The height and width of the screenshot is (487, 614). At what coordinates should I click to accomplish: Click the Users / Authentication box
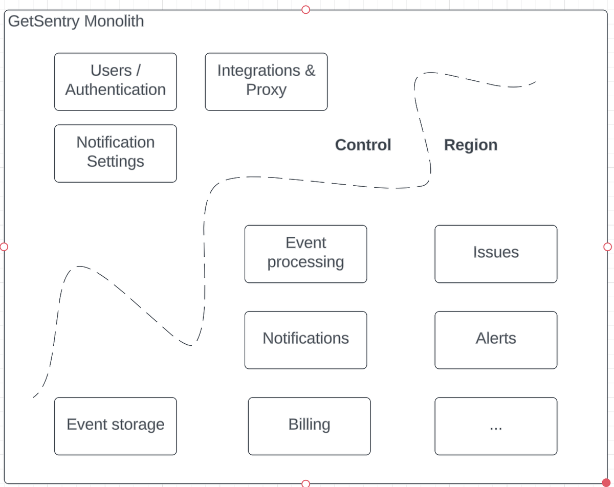click(x=115, y=81)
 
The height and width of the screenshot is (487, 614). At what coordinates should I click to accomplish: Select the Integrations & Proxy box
click(x=266, y=81)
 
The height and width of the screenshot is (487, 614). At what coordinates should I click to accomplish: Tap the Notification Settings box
click(x=115, y=153)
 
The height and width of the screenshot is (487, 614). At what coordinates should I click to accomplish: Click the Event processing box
click(x=305, y=254)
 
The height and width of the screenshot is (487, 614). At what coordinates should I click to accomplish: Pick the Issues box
click(x=496, y=254)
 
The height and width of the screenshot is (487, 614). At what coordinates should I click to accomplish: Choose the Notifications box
click(x=305, y=340)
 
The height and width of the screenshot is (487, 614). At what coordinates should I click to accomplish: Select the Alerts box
click(x=496, y=340)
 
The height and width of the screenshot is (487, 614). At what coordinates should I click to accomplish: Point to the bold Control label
click(x=363, y=145)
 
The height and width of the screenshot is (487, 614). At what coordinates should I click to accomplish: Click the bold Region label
click(x=470, y=145)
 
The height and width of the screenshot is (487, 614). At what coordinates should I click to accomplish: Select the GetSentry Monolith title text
click(x=76, y=21)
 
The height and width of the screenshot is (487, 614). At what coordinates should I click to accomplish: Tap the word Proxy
click(x=266, y=90)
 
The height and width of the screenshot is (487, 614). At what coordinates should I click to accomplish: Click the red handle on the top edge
click(x=306, y=9)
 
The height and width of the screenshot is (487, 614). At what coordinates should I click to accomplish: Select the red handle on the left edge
click(x=4, y=247)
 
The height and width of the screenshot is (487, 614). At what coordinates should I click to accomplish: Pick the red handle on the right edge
click(x=608, y=247)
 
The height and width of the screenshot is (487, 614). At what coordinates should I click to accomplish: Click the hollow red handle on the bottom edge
click(x=306, y=483)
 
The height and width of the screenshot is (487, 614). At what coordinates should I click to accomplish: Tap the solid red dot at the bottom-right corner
click(x=607, y=483)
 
